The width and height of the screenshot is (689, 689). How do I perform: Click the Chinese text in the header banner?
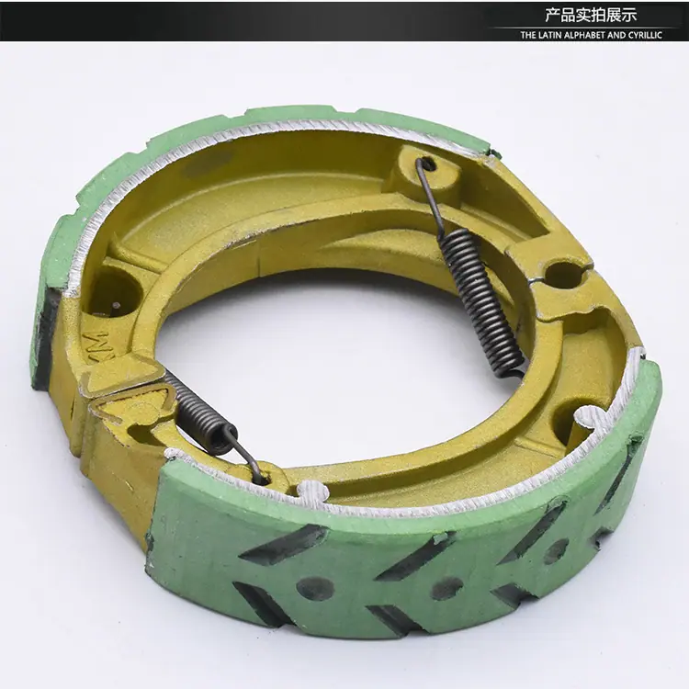(x=591, y=16)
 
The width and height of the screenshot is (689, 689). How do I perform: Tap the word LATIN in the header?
(x=553, y=36)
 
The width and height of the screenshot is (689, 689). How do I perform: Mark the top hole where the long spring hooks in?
(x=428, y=165)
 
